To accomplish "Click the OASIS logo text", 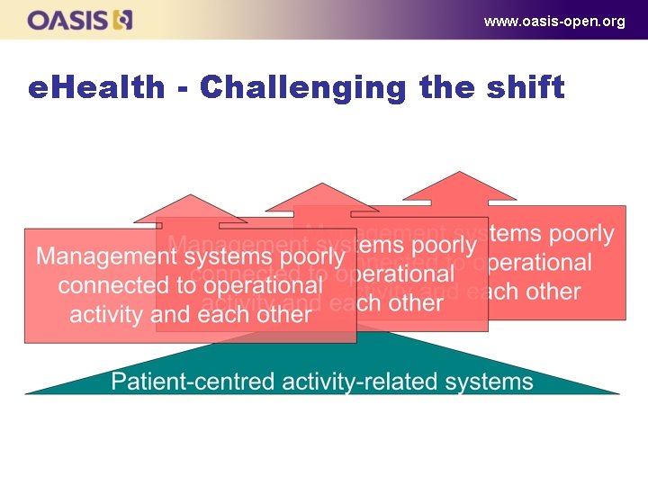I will (x=68, y=20).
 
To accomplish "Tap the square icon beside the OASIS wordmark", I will (x=123, y=20).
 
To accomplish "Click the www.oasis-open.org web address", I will (x=553, y=21).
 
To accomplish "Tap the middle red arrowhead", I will (x=321, y=198).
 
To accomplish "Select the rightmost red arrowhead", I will (x=459, y=186).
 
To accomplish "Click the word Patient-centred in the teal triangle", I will (x=196, y=382).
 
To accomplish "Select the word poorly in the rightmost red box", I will (x=581, y=234).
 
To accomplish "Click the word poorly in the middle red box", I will (x=444, y=245).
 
